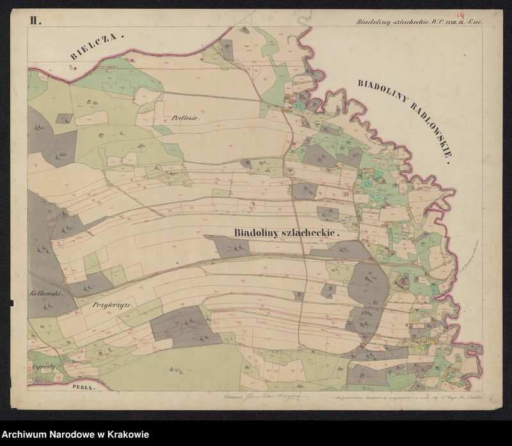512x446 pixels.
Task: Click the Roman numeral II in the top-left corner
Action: (33, 20)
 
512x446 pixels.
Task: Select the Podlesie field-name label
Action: (187, 118)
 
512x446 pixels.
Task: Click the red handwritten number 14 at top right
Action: (460, 15)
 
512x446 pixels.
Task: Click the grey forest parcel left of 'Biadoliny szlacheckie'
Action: (227, 246)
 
